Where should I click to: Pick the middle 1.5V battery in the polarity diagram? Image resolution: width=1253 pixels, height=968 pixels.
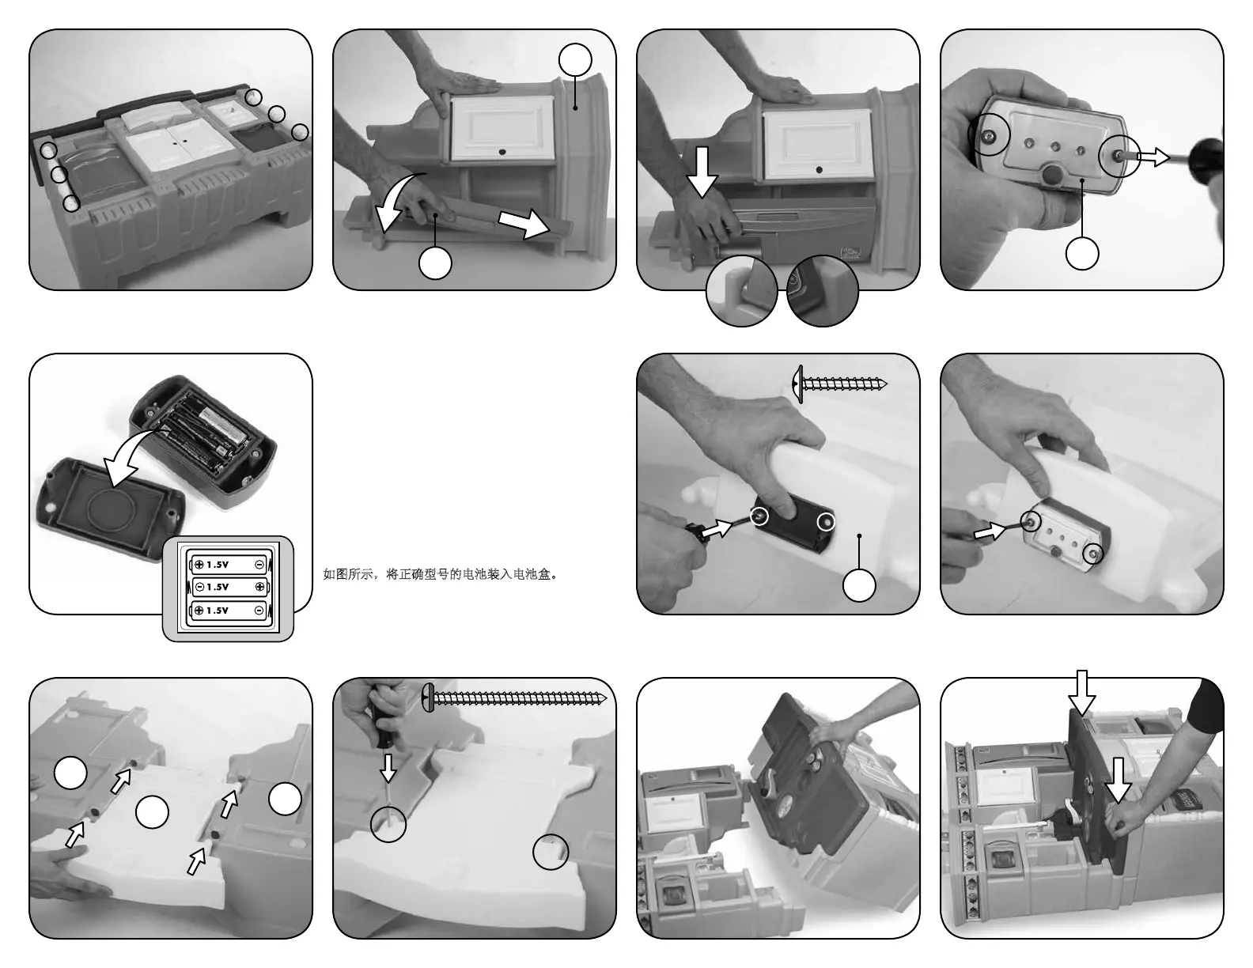[229, 587]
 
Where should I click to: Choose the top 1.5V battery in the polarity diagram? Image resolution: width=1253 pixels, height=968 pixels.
[229, 565]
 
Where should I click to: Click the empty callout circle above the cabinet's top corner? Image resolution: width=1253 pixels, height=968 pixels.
[575, 60]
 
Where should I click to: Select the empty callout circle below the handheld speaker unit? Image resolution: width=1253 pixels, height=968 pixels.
[1082, 253]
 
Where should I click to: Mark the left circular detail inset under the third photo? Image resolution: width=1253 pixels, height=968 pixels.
[741, 290]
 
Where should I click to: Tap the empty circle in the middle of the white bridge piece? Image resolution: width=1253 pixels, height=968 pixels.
[152, 812]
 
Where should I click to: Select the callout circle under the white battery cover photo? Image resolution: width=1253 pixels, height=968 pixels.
[859, 585]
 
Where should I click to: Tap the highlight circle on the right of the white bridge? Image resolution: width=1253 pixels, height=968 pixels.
[550, 852]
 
